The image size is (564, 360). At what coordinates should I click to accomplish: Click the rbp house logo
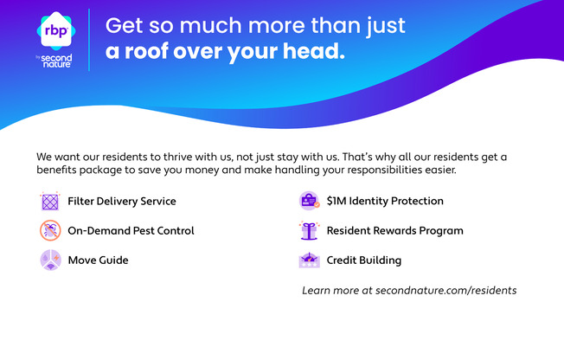[x=56, y=31]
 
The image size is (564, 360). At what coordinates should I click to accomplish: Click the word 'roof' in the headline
[x=146, y=51]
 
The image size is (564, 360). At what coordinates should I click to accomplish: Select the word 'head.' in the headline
[x=314, y=51]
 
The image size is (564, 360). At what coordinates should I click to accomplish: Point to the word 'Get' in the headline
[x=124, y=26]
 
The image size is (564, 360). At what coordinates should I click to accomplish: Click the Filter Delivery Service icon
[x=50, y=202]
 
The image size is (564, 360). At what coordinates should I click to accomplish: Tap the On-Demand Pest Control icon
[x=50, y=230]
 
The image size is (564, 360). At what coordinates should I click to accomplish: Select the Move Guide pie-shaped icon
[x=50, y=260]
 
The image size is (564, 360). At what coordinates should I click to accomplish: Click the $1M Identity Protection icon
[x=310, y=201]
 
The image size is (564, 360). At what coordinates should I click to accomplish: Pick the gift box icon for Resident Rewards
[x=309, y=230]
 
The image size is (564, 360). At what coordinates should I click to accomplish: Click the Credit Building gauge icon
[x=309, y=260]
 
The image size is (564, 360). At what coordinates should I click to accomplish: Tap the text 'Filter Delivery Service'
[x=122, y=202]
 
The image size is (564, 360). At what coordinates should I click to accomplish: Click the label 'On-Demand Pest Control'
[x=131, y=230]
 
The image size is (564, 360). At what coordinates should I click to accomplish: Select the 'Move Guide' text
[x=99, y=260]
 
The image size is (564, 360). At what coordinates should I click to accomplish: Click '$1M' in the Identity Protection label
[x=336, y=201]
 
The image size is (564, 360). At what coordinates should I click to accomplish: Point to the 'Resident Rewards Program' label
[x=395, y=231]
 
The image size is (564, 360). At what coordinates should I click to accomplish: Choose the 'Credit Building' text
[x=364, y=260]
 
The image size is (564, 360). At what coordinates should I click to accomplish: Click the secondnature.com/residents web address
[x=446, y=291]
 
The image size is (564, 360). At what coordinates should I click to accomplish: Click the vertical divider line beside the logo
[x=89, y=40]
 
